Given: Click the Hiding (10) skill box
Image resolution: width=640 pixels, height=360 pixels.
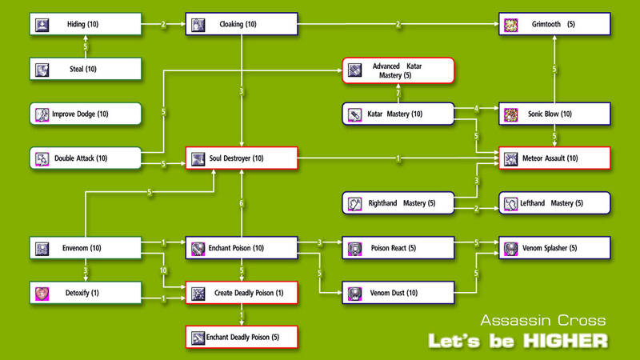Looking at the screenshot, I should (x=86, y=24).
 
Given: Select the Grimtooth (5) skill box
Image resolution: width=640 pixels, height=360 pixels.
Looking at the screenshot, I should (x=554, y=24).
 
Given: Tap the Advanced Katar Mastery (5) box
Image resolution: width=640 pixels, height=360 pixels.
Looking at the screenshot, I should (x=398, y=70).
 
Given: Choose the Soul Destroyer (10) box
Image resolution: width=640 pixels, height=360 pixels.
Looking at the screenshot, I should (x=242, y=158).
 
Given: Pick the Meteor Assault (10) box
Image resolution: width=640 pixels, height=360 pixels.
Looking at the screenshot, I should (x=554, y=158).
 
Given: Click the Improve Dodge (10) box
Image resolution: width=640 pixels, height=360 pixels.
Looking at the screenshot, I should (x=86, y=114).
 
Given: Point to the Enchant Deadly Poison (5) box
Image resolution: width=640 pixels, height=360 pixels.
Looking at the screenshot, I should (x=242, y=337).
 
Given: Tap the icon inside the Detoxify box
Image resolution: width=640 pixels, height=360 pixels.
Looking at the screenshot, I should (x=42, y=294).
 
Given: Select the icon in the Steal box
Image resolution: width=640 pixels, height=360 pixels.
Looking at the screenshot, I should (x=42, y=70).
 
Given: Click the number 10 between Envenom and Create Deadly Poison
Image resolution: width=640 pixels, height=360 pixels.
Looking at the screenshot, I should (x=164, y=271).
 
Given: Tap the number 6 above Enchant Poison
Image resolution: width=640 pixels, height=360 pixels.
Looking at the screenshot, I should (x=242, y=204).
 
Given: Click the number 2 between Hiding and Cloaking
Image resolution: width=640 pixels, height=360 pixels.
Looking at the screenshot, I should (x=163, y=24).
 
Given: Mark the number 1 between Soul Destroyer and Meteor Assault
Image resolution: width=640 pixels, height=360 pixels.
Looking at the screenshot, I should (x=398, y=158).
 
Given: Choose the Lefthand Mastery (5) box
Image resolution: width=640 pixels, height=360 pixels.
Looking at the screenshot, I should (x=554, y=203).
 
